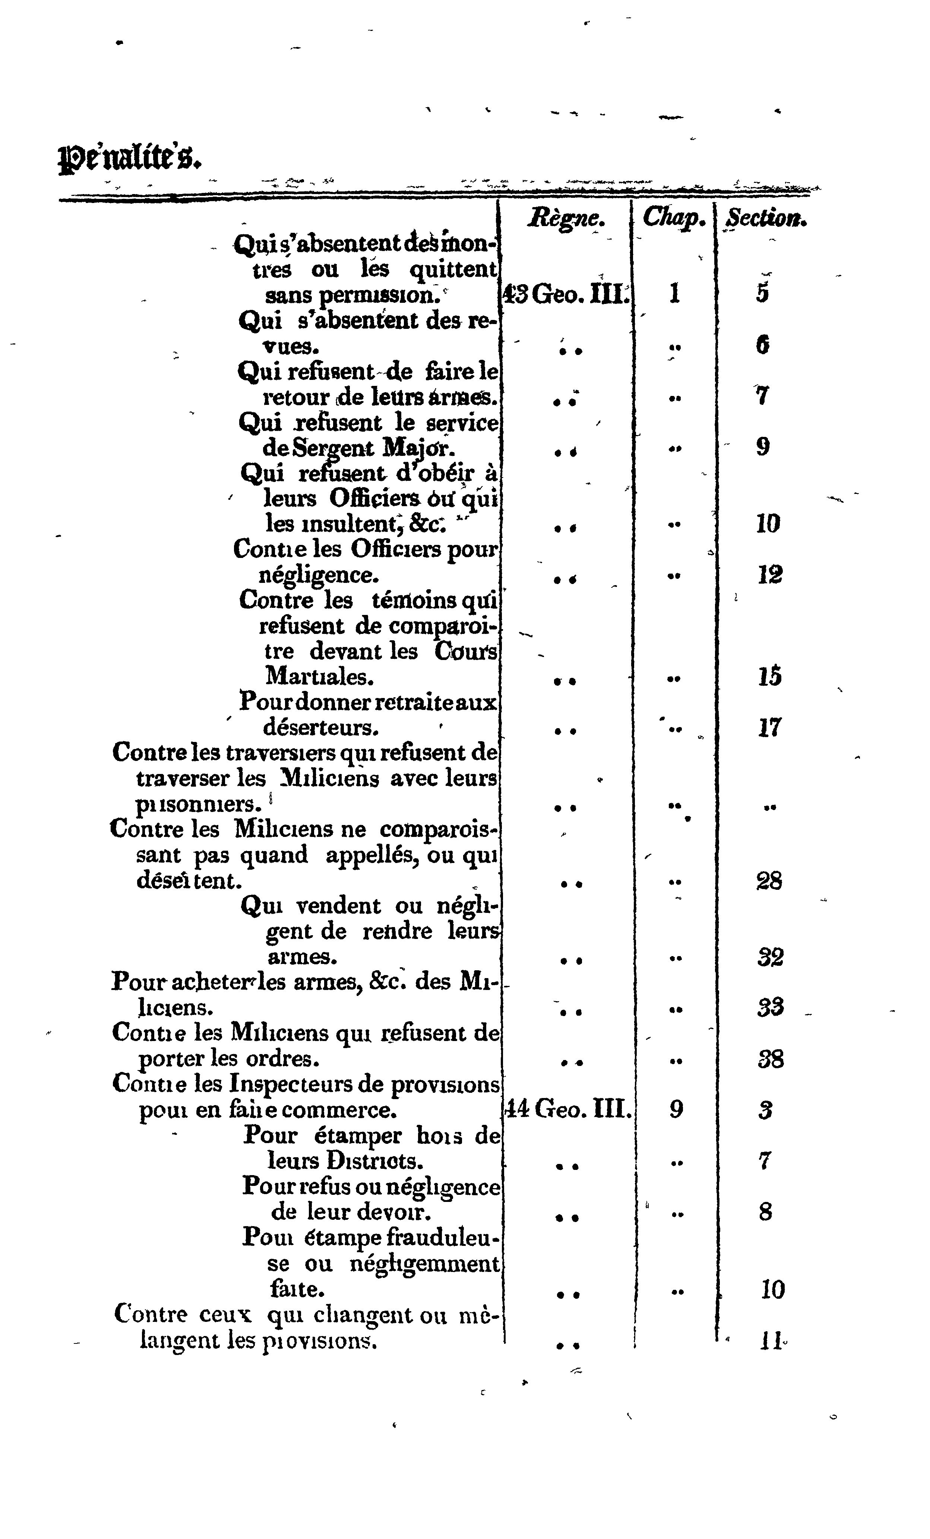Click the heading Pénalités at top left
tap(131, 160)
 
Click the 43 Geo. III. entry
tap(566, 293)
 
